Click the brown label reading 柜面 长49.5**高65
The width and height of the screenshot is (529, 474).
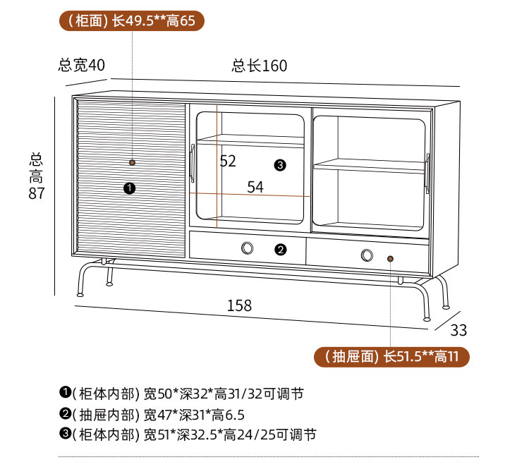(133, 20)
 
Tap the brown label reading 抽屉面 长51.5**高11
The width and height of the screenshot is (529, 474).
(391, 356)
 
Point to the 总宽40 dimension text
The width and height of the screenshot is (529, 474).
(81, 66)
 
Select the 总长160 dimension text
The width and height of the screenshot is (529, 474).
(260, 66)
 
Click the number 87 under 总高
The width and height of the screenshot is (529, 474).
(37, 193)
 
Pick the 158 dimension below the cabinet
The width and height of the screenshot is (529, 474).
(239, 305)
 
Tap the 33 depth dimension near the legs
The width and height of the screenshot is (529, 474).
(458, 330)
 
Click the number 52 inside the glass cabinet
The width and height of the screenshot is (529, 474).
(228, 162)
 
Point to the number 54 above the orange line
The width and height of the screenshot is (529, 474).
(255, 187)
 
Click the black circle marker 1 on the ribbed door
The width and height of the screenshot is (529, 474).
(129, 188)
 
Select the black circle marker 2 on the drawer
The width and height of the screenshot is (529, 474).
(280, 249)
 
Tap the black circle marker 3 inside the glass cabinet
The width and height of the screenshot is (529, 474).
(280, 165)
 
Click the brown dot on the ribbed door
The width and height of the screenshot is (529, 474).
(132, 163)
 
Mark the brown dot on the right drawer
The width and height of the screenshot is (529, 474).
(390, 259)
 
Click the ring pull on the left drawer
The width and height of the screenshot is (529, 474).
(248, 248)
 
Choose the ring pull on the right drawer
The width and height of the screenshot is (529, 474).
(367, 255)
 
